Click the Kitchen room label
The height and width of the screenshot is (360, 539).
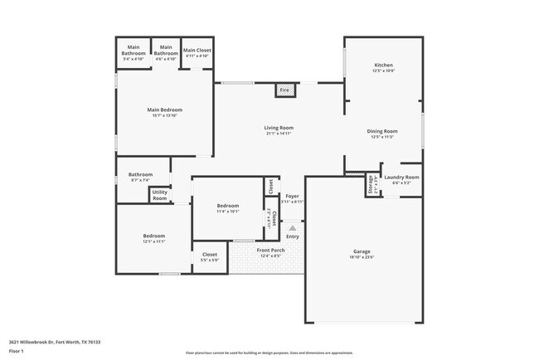pos(383,65)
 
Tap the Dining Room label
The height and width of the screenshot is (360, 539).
pos(383,131)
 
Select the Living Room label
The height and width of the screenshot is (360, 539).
pos(279,128)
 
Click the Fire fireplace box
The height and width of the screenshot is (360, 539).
pos(284,90)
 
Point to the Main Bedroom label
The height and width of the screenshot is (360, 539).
pos(165,109)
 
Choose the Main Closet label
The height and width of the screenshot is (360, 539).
pos(197,51)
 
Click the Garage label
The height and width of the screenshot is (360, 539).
pos(362,251)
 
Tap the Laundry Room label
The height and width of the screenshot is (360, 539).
pos(401,177)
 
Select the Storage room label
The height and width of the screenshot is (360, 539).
pos(370,185)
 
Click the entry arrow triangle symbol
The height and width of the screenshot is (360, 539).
pos(292,227)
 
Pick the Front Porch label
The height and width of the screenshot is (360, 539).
pos(270,250)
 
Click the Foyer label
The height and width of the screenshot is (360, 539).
pos(292,196)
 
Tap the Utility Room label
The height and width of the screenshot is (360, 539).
pos(159,196)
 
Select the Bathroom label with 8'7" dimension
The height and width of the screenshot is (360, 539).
pos(140,174)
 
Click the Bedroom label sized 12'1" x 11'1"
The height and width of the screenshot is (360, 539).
pos(153,236)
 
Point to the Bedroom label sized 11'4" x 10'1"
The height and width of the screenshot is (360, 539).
pos(228,206)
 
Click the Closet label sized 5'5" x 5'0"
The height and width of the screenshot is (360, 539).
pos(210,255)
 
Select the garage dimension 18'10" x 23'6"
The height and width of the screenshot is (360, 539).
pos(362,257)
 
